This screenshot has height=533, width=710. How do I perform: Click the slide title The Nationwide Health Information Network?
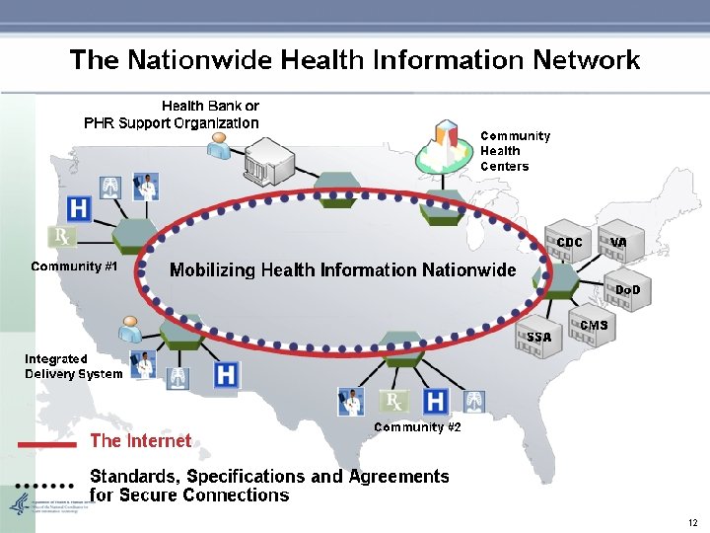coord(355,60)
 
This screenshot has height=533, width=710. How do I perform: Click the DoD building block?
coord(624,289)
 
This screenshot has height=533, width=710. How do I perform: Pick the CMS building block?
coord(591,328)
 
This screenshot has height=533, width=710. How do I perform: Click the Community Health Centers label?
coord(515,151)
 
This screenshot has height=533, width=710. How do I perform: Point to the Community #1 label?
coord(74,266)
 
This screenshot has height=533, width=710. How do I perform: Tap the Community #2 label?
coord(417,427)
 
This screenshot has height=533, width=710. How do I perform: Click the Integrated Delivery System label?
coord(73,366)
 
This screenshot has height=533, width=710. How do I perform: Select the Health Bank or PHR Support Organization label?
coord(172,114)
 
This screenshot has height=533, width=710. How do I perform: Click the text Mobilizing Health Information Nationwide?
coord(342,269)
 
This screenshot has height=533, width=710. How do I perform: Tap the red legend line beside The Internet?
coord(46,444)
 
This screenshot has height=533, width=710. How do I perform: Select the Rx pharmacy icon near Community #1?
coord(60,238)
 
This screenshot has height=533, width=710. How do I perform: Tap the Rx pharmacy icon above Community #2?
coord(393,401)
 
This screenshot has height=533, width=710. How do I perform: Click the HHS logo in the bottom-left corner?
coord(20,505)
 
